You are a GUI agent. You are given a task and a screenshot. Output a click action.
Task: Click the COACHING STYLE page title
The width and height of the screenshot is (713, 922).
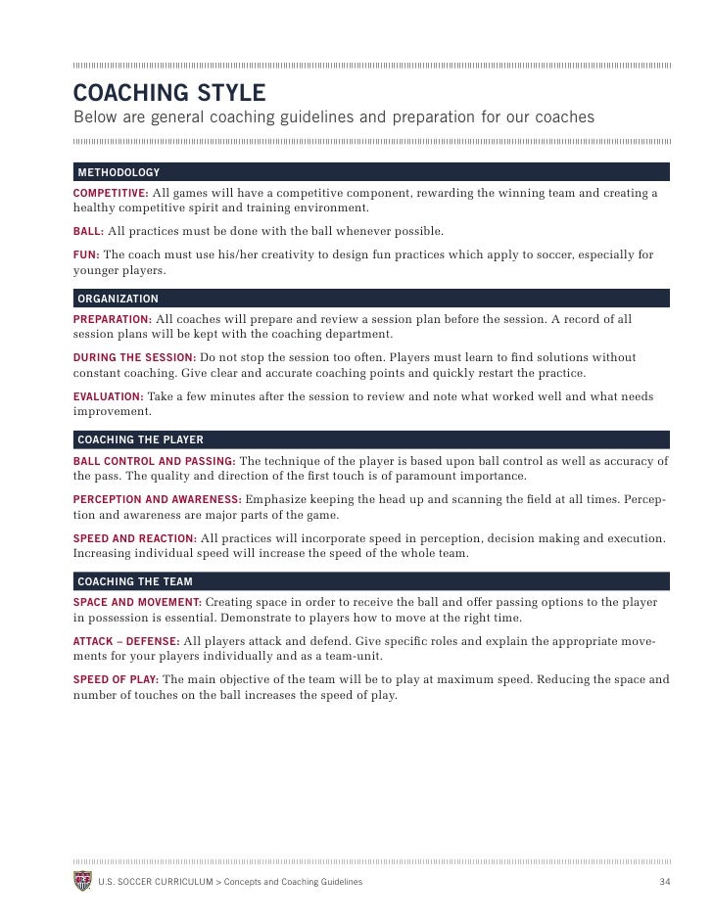[169, 93]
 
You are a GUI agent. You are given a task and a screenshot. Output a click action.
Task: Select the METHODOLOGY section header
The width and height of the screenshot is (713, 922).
[119, 172]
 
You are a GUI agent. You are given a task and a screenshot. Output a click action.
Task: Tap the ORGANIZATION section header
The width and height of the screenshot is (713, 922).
[118, 299]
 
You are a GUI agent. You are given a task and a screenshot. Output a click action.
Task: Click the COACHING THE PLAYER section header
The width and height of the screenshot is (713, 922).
[140, 439]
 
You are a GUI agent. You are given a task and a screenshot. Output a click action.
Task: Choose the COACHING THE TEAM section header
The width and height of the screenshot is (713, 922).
[135, 581]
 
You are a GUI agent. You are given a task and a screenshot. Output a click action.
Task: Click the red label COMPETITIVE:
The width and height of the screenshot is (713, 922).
[111, 193]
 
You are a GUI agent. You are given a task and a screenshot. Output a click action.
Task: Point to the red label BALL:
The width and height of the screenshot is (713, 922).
[88, 232]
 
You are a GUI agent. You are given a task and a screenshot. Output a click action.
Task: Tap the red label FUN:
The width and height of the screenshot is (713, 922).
[86, 255]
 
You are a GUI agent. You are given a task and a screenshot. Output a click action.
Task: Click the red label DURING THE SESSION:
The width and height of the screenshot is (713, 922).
[135, 358]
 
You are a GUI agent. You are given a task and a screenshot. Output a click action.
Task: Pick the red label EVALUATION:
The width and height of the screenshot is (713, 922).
[108, 396]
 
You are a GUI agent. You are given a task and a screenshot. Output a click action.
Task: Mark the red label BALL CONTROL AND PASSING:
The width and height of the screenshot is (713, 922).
[154, 460]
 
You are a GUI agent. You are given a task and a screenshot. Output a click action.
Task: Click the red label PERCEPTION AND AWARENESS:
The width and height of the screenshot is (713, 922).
[157, 499]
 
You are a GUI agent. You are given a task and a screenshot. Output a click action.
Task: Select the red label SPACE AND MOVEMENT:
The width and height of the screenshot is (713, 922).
[137, 602]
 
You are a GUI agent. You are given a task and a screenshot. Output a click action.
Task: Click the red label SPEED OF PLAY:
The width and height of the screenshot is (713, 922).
[116, 679]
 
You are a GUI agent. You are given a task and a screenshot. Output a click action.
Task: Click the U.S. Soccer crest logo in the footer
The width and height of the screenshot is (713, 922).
[82, 881]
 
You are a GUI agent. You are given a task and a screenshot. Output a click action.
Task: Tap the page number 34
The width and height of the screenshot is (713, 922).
[664, 882]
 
